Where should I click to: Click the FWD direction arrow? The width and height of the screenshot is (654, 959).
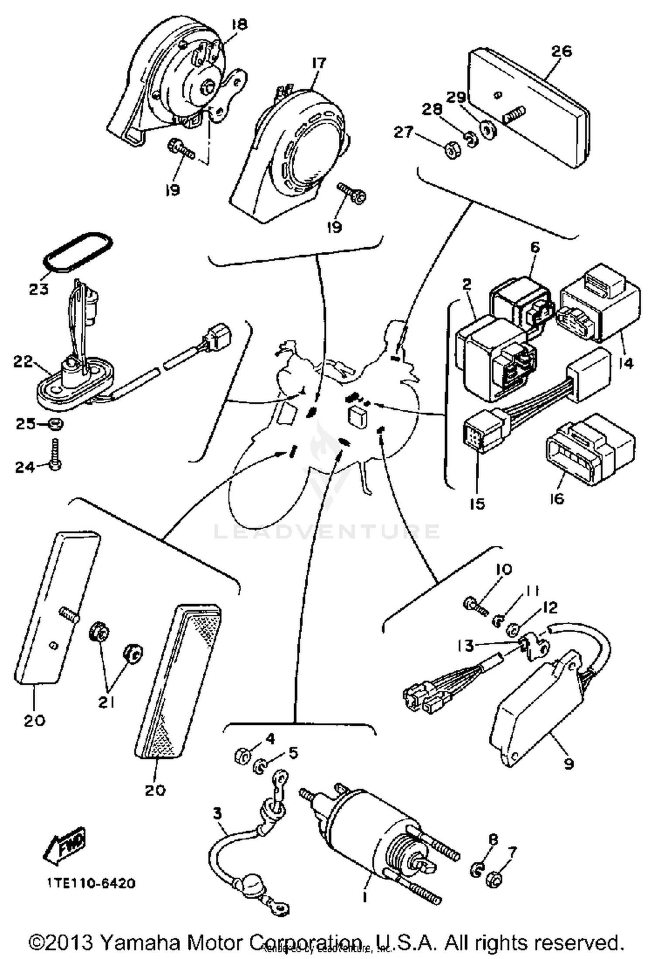coord(65,847)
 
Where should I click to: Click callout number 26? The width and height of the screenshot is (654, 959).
coord(561,51)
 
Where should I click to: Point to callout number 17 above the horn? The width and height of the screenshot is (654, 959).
coord(319,64)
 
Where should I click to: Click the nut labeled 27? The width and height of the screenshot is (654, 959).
coord(451,150)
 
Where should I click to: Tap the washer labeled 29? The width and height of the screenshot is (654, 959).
coord(487,129)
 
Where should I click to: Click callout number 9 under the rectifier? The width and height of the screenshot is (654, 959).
coord(569,764)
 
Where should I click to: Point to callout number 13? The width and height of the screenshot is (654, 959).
coord(466,645)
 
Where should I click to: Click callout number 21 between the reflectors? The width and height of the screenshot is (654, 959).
coord(106,702)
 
